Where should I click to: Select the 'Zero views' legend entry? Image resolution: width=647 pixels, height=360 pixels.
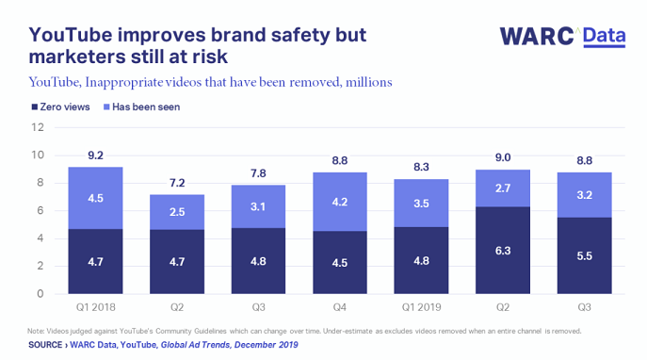[61, 106]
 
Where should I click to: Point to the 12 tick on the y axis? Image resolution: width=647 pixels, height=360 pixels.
[38, 127]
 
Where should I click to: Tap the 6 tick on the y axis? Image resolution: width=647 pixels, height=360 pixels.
[40, 211]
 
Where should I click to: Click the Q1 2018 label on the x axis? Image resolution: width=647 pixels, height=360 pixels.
[95, 308]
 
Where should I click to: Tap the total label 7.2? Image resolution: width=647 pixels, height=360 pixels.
[177, 184]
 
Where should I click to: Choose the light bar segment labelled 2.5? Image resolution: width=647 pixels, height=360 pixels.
[177, 212]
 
